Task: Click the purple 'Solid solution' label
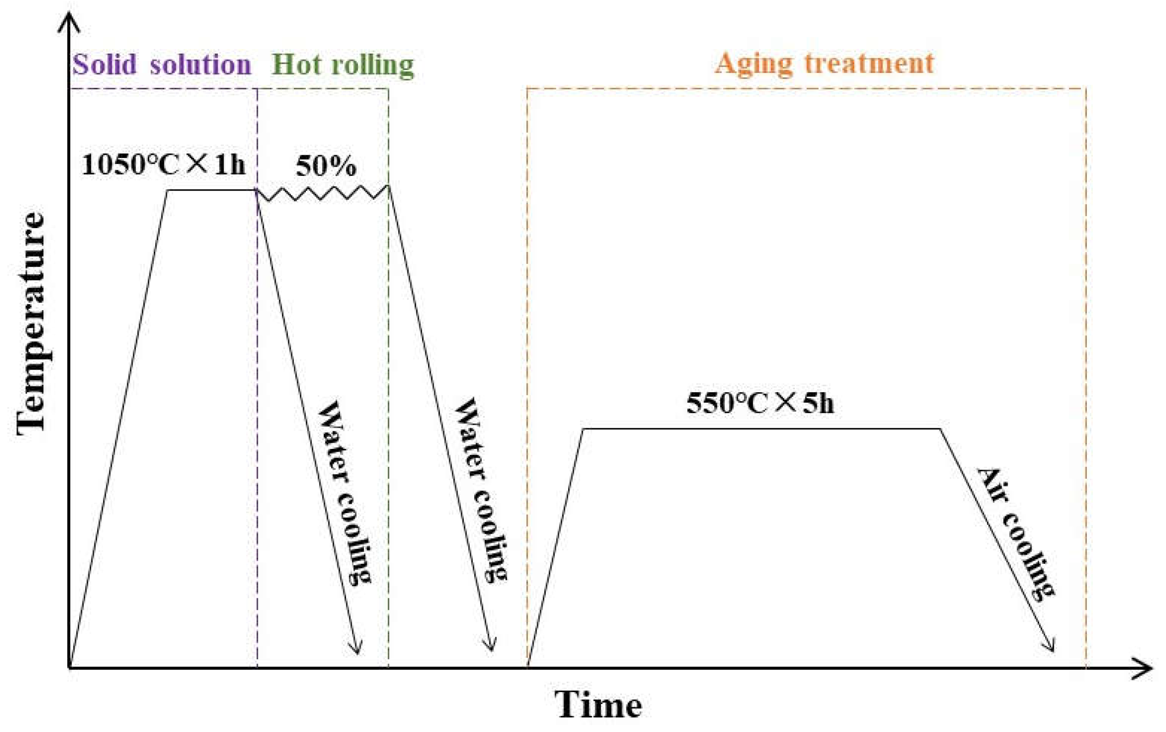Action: [162, 65]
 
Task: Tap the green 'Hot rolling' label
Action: [343, 65]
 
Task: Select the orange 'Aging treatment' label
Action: [824, 63]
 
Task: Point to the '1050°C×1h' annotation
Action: [163, 164]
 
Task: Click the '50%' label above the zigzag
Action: [326, 166]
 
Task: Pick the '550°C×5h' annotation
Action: [760, 403]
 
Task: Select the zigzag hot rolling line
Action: [323, 193]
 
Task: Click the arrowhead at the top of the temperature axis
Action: [69, 22]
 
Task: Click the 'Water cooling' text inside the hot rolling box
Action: [344, 492]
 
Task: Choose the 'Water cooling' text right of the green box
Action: [480, 489]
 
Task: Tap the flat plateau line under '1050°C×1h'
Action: [212, 190]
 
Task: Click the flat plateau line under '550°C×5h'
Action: [761, 428]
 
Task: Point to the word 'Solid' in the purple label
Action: [104, 65]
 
